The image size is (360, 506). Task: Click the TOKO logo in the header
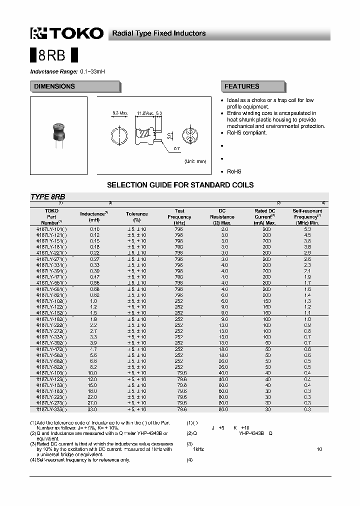66,33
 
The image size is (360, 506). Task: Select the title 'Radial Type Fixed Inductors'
158,33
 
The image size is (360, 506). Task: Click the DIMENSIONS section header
54,86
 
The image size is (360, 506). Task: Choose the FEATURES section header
242,86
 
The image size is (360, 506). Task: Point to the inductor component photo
58,131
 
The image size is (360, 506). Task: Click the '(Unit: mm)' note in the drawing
194,161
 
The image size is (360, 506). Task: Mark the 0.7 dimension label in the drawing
176,149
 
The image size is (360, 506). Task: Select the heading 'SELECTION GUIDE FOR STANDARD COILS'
180,185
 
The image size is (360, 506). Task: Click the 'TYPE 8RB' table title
47,197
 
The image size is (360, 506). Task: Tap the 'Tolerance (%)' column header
136,216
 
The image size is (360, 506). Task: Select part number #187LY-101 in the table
52,229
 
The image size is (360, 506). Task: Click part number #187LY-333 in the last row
52,409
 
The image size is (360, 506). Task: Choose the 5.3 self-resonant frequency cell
307,229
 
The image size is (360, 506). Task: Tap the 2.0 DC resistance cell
224,229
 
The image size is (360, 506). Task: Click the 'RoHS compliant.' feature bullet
247,133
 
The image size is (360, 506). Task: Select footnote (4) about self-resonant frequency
80,460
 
